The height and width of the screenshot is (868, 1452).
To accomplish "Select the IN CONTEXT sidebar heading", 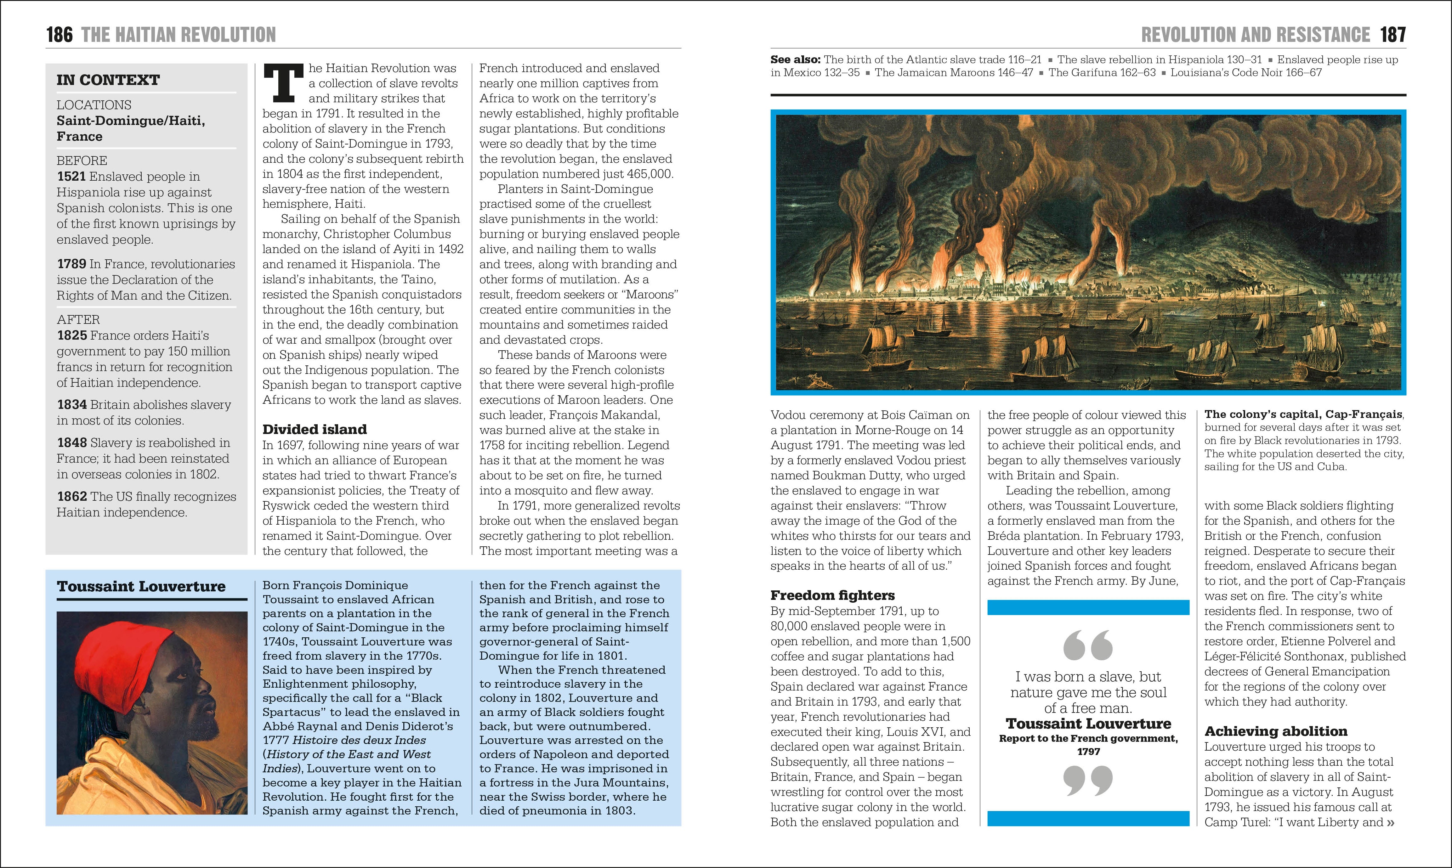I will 108,80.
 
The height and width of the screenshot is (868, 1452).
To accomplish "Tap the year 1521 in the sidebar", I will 71,177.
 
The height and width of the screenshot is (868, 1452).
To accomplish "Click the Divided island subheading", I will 314,429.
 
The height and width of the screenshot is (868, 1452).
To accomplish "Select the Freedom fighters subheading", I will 832,595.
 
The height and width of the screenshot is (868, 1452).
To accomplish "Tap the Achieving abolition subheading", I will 1275,731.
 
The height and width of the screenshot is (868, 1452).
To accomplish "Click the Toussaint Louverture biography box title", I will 141,587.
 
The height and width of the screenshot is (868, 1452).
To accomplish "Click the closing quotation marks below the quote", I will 1088,781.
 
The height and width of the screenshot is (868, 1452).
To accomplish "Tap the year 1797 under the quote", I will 1088,752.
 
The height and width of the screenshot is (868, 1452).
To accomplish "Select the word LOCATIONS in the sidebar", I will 94,105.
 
